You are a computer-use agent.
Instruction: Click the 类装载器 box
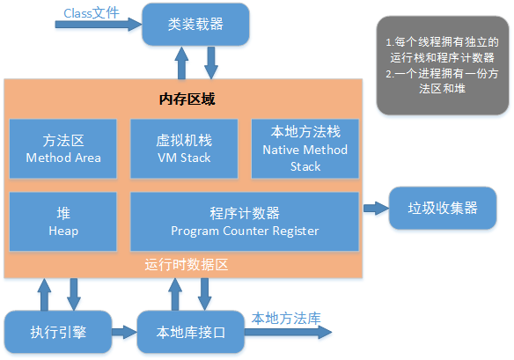tap(195, 25)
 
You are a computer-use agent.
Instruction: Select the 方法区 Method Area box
tap(63, 149)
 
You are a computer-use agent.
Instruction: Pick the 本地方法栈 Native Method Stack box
tap(305, 148)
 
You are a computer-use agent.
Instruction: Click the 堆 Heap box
tap(63, 221)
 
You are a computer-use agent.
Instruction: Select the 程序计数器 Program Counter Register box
tap(245, 221)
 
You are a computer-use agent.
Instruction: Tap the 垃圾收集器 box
tap(442, 209)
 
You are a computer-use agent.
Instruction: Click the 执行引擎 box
tap(58, 332)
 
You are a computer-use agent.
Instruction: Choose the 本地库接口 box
tap(191, 332)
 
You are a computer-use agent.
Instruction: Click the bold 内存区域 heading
tap(186, 99)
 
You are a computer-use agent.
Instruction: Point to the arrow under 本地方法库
tap(288, 332)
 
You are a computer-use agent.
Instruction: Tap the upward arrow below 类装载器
tap(182, 62)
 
